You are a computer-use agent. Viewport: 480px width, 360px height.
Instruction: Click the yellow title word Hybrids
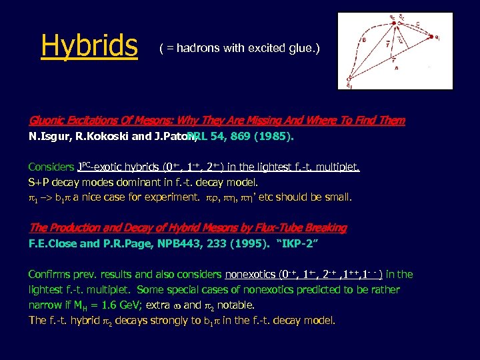[89, 46]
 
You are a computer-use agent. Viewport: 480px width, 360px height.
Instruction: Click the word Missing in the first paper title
[243, 121]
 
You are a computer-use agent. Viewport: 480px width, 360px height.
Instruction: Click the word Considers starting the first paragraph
[51, 167]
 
